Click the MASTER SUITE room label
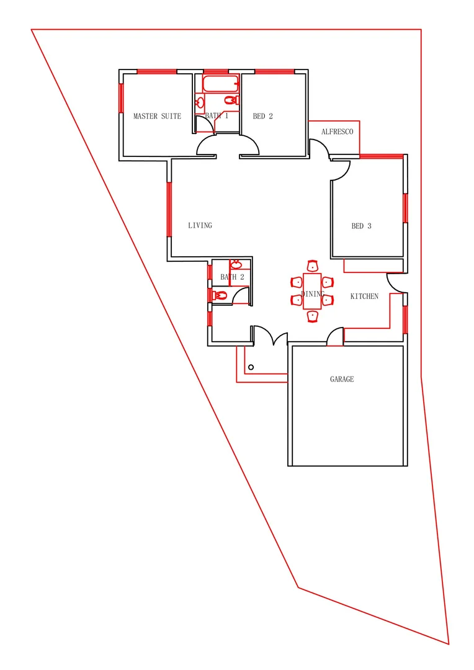(x=157, y=116)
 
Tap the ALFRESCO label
(x=337, y=132)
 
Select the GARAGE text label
(x=342, y=378)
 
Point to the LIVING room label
(x=200, y=225)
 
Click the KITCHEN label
(x=364, y=296)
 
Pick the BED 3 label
(x=361, y=226)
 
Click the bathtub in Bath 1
(x=220, y=84)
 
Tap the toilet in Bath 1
(x=230, y=100)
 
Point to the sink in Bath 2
(x=235, y=264)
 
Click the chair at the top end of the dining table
(x=312, y=266)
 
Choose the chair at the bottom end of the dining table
(x=312, y=316)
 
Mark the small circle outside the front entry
(x=251, y=368)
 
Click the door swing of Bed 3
(x=340, y=171)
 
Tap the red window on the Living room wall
(x=168, y=209)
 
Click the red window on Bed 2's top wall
(x=274, y=71)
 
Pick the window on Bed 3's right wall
(x=405, y=208)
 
